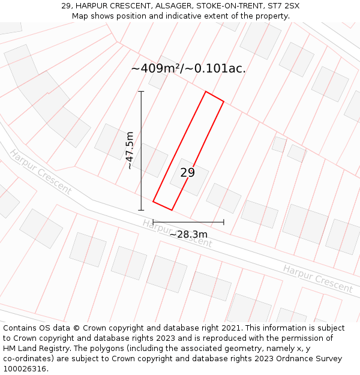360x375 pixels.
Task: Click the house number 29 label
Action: click(188, 173)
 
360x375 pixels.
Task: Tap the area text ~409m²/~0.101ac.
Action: click(188, 68)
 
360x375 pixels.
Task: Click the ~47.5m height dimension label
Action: click(129, 151)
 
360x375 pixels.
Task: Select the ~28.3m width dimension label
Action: click(188, 234)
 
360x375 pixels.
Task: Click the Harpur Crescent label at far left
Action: click(40, 172)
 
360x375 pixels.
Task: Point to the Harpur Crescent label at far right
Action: click(317, 278)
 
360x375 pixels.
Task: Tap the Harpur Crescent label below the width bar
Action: click(177, 233)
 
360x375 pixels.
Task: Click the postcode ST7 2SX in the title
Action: click(284, 6)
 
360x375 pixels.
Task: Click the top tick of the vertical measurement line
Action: click(141, 92)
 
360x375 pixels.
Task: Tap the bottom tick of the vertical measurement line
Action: click(141, 210)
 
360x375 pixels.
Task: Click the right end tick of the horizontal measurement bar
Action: click(224, 222)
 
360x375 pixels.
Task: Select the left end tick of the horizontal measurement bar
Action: click(153, 222)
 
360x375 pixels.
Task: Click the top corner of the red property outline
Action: click(206, 92)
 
